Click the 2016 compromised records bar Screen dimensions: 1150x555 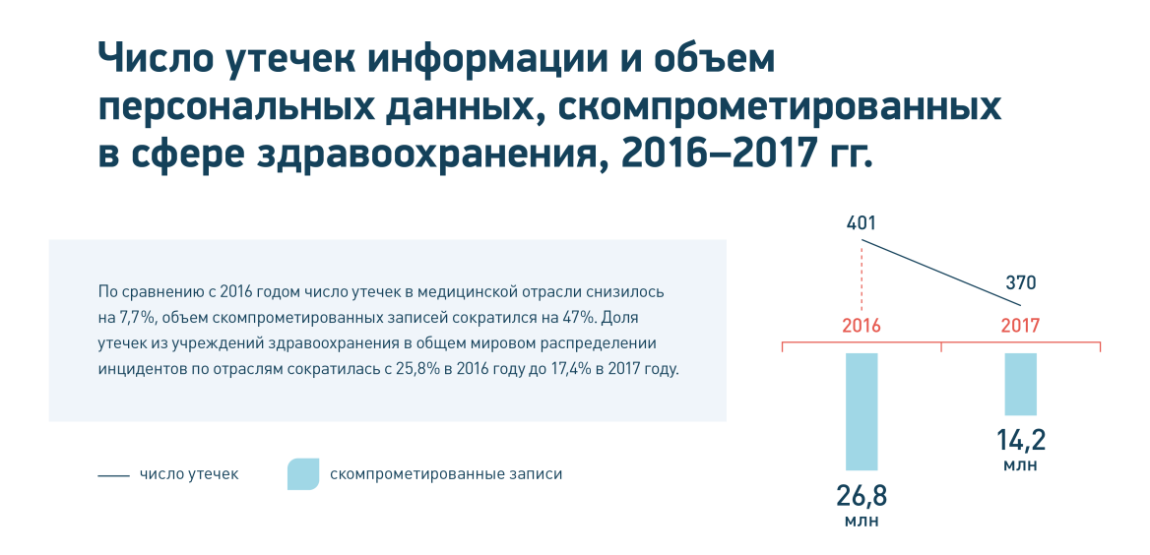[862, 411]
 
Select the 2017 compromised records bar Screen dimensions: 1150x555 [1020, 384]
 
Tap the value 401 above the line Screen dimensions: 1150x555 [862, 223]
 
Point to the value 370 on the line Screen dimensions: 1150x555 [1021, 283]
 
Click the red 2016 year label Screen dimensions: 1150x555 [862, 326]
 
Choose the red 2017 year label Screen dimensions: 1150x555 [1020, 326]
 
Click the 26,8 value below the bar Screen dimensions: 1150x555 [862, 496]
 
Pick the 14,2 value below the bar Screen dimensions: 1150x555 [1020, 441]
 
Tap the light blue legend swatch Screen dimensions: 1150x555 [303, 474]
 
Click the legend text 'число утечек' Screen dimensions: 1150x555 [189, 474]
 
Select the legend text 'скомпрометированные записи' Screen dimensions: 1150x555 [446, 474]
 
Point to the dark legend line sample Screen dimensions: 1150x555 [113, 476]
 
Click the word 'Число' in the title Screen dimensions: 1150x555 [154, 61]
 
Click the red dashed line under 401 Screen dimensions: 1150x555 [862, 277]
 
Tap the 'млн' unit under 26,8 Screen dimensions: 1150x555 [862, 522]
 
